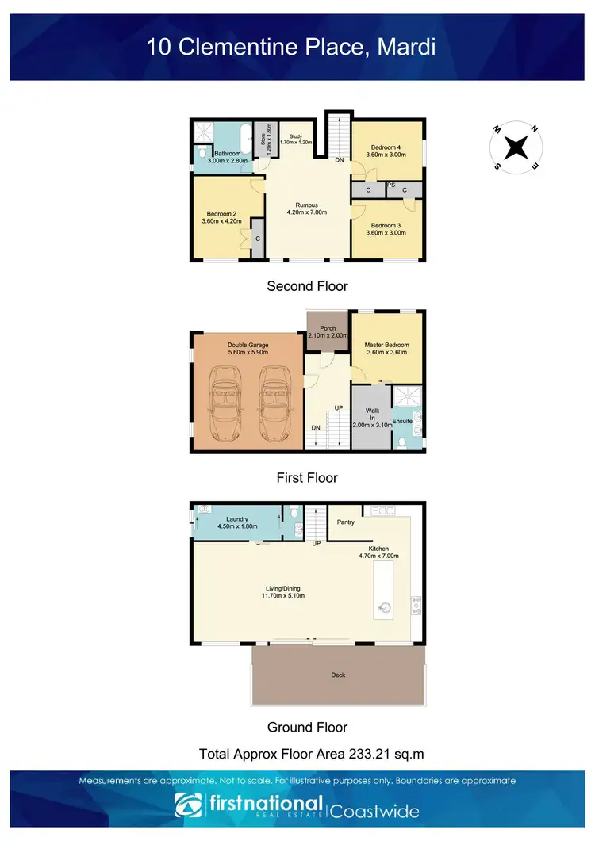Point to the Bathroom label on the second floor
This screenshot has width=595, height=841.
227,153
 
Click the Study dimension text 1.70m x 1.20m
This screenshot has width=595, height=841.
297,143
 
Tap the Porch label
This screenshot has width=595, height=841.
328,328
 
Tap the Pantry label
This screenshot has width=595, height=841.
345,522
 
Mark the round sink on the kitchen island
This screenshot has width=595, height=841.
385,608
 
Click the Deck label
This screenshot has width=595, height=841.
339,675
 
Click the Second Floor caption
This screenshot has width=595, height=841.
307,286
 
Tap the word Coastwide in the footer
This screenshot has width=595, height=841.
374,812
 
